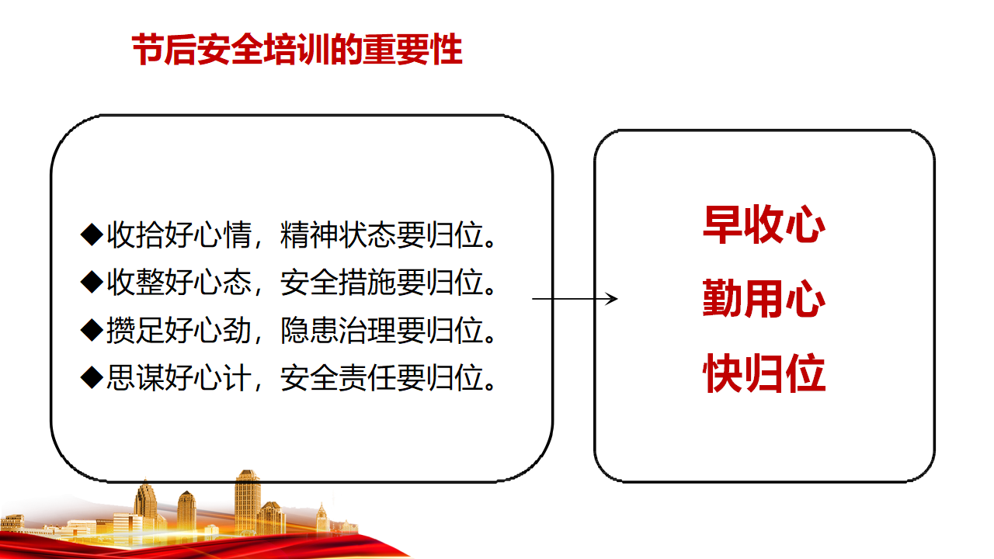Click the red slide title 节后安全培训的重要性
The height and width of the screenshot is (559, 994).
pos(297,50)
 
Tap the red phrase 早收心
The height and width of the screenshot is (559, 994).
pos(764,224)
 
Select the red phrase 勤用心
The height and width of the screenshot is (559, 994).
pos(764,299)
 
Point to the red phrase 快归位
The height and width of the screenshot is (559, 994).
pos(764,373)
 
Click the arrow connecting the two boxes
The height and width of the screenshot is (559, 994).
pos(575,299)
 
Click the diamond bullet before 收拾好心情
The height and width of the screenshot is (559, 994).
pos(92,234)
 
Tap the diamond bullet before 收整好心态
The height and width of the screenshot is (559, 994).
pos(92,282)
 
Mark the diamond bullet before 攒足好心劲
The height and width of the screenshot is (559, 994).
pos(92,330)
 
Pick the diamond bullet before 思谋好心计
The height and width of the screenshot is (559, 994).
pos(92,377)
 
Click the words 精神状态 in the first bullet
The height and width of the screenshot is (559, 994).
pos(338,234)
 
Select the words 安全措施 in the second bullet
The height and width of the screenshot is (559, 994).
pos(338,282)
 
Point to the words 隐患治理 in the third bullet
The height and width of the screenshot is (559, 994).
pos(338,330)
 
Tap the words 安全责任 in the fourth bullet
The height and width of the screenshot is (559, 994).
pos(338,378)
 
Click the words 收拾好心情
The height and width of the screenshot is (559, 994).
pos(179,234)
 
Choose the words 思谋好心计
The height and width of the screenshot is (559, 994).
pos(179,378)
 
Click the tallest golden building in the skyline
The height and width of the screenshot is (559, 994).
pos(247,502)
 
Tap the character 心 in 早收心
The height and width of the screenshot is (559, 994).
pos(805,225)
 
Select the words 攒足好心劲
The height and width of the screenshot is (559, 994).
pos(179,330)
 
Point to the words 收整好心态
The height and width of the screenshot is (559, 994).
pos(179,282)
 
